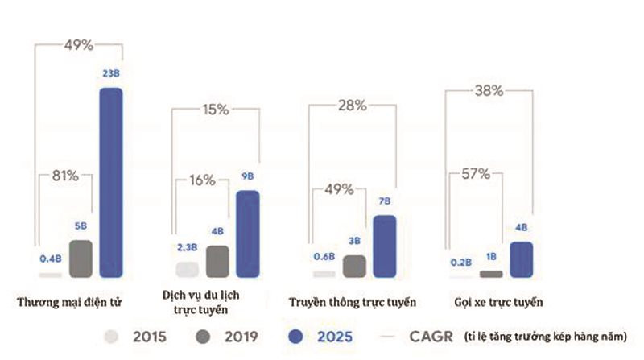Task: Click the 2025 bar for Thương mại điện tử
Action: (110, 182)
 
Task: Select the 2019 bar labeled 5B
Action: (80, 259)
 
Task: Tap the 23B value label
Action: (110, 73)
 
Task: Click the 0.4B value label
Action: (50, 259)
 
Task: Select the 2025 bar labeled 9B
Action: (248, 234)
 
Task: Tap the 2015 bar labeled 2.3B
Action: (187, 270)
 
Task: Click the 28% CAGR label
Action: (351, 106)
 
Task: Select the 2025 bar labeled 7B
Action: (384, 246)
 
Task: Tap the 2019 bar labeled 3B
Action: (354, 266)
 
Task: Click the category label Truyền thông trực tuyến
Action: (352, 303)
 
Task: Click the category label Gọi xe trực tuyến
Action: (497, 303)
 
